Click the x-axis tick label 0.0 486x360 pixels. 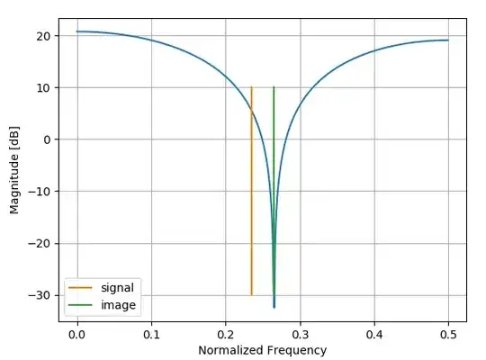tap(77, 332)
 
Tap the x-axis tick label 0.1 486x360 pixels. tap(151, 332)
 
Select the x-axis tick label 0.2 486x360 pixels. tap(226, 332)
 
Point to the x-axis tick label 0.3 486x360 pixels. tap(300, 332)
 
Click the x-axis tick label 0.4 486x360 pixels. tap(374, 332)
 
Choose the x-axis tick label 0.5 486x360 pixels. tap(448, 332)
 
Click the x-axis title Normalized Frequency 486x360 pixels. tap(262, 349)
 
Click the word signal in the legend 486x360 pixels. tap(119, 288)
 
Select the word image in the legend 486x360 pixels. tap(118, 305)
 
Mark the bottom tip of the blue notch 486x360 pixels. tap(274, 307)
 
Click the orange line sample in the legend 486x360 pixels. tap(82, 289)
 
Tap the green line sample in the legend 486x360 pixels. tap(82, 306)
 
